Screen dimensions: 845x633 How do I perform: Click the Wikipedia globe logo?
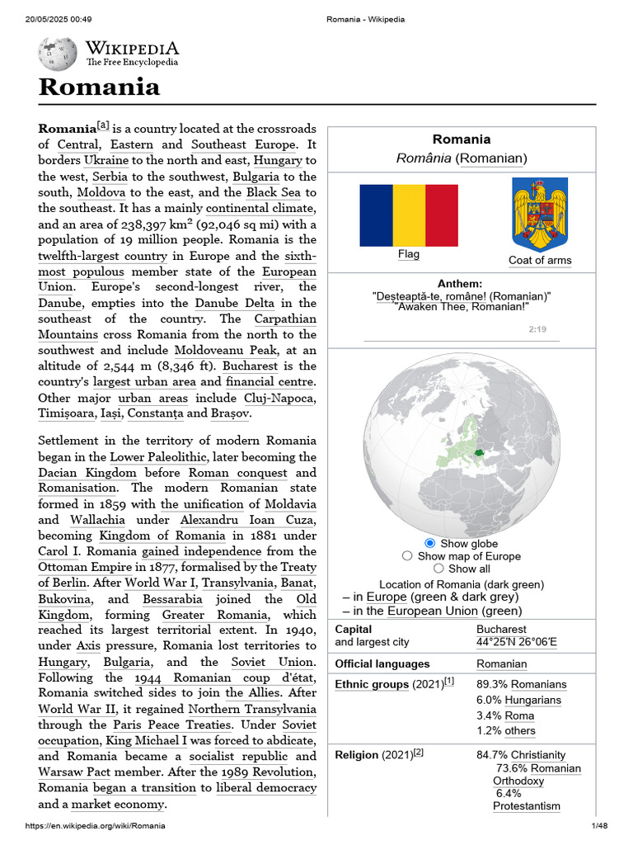[x=58, y=54]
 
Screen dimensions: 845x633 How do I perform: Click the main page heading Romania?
[x=99, y=87]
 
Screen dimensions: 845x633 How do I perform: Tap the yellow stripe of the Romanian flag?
[x=409, y=215]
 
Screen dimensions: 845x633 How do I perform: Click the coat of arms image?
[x=540, y=214]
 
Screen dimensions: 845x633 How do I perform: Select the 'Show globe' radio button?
[x=429, y=543]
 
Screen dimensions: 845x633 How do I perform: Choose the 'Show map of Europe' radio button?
[x=407, y=556]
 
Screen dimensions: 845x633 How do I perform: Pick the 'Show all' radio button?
[x=438, y=569]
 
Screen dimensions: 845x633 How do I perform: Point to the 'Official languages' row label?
[x=382, y=664]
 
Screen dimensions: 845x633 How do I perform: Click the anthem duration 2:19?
[x=537, y=329]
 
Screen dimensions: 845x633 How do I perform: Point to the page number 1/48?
[x=598, y=826]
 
